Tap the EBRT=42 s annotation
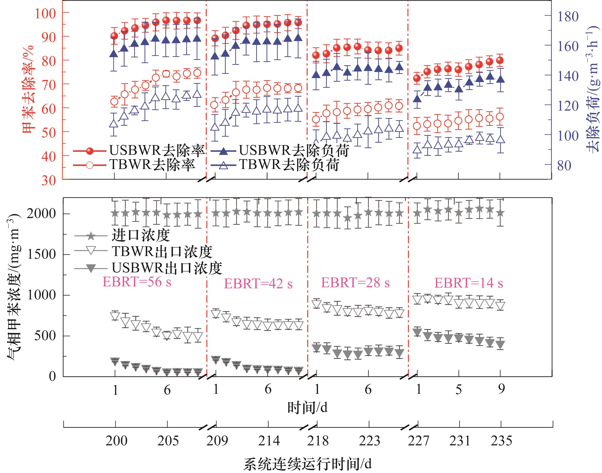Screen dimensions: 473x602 (258, 284)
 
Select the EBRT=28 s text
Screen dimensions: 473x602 (355, 282)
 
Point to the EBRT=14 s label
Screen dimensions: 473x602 (468, 283)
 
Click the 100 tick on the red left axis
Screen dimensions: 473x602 (45, 13)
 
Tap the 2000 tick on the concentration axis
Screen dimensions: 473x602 (41, 214)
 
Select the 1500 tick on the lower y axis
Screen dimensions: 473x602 (41, 254)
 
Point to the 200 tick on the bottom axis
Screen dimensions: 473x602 (116, 441)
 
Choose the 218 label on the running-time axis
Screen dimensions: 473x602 (318, 441)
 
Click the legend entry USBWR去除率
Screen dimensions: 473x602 (157, 150)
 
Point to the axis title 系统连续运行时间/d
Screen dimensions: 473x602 (307, 464)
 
